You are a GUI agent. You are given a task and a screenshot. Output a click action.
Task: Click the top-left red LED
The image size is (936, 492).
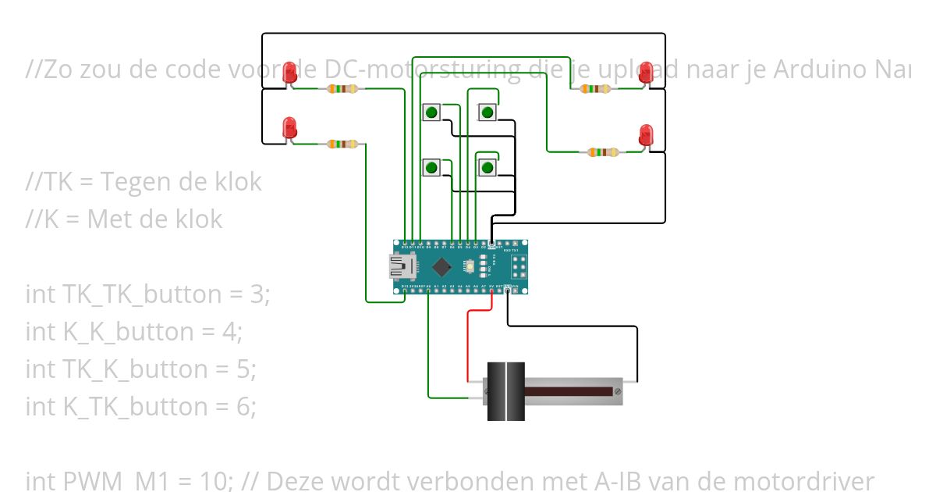click(x=290, y=73)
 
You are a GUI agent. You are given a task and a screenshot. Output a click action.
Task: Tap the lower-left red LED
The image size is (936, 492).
click(x=289, y=127)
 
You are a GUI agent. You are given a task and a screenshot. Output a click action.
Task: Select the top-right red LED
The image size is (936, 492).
click(x=645, y=73)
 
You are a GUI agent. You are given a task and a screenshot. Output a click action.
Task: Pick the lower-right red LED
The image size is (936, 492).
click(x=645, y=134)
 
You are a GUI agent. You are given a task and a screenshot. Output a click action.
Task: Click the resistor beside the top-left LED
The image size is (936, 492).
click(x=343, y=89)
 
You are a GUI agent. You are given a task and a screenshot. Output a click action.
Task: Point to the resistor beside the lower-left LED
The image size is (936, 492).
click(x=343, y=144)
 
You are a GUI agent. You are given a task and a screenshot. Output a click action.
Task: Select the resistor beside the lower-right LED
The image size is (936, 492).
click(x=602, y=152)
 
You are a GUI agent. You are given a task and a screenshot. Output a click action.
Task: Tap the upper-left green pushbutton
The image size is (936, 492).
click(x=431, y=112)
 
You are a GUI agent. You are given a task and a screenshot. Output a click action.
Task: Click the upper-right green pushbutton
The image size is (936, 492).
click(x=487, y=112)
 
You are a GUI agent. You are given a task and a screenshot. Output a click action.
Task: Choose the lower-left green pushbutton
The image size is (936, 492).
click(x=431, y=167)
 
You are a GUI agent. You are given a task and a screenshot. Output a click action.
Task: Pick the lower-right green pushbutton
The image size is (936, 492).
click(x=487, y=167)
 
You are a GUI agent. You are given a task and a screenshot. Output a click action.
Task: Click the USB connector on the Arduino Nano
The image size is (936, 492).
click(x=403, y=267)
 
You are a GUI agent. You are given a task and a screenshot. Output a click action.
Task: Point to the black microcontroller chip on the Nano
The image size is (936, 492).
click(x=442, y=266)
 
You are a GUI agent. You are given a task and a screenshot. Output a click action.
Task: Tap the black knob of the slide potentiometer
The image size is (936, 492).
click(x=505, y=391)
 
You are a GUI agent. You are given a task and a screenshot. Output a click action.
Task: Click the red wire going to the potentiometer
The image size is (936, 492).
click(x=468, y=344)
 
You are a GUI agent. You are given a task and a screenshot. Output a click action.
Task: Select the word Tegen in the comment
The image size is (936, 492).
click(x=136, y=182)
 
